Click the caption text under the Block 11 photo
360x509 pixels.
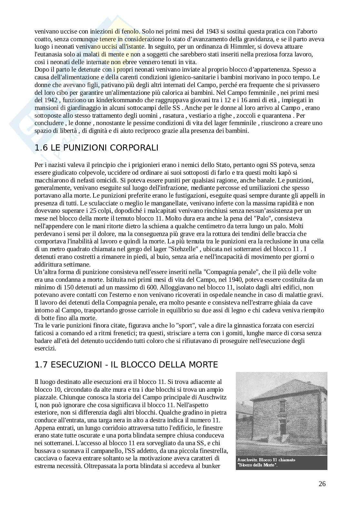pyautogui.click(x=266, y=462)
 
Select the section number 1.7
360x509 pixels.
pyautogui.click(x=41, y=365)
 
